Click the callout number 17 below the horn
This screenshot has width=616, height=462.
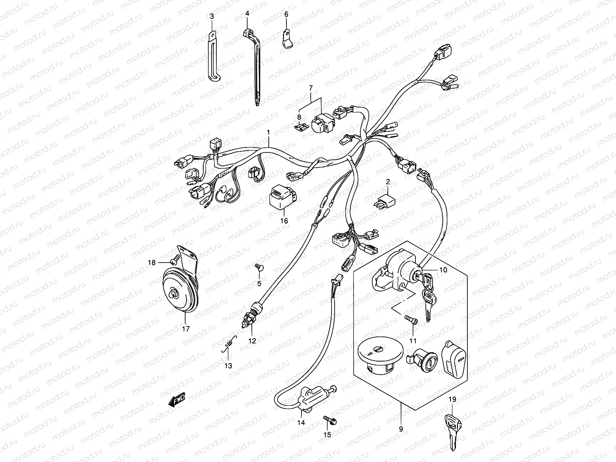186,329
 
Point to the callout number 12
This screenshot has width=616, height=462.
252,341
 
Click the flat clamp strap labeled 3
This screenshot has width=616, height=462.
213,58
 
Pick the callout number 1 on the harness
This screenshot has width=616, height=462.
269,132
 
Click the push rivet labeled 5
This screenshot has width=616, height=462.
259,268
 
